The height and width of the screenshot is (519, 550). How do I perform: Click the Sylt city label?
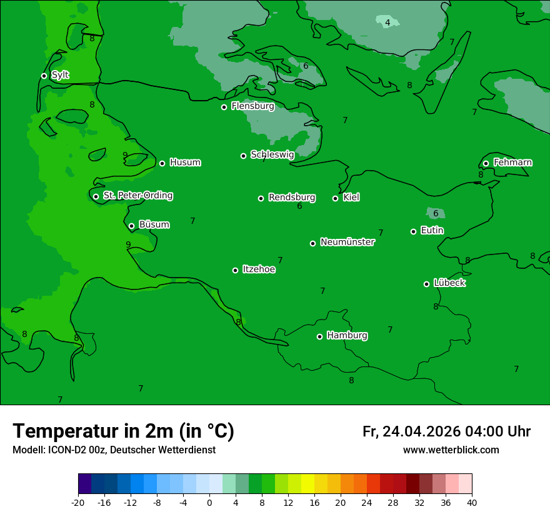60,75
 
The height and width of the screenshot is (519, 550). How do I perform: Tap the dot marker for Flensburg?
224,107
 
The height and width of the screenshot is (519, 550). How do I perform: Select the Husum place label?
185,163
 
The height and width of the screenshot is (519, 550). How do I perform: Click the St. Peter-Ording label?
137,196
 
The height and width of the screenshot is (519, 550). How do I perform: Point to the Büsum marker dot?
131,226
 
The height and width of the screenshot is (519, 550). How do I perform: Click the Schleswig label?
272,154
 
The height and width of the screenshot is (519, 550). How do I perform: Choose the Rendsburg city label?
291,198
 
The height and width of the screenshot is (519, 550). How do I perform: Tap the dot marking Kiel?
335,198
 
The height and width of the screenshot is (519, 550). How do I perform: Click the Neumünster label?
347,242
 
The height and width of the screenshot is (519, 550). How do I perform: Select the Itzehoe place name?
259,270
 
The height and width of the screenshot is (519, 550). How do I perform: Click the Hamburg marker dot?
319,336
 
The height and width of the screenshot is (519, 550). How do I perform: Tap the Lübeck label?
449,283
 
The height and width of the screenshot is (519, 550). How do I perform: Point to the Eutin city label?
432,231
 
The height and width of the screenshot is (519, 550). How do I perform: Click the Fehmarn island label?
512,163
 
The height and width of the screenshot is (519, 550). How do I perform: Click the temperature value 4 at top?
387,23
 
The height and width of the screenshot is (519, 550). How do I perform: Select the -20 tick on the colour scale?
78,502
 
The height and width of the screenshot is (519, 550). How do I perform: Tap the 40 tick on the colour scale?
472,502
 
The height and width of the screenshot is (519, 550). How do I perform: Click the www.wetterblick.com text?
451,450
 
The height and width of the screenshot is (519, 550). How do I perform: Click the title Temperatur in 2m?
123,431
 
